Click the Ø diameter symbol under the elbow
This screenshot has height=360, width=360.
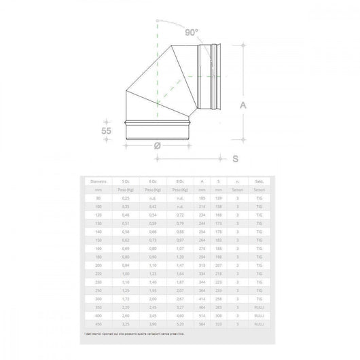[157, 145]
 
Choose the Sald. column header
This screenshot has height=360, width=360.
[259, 181]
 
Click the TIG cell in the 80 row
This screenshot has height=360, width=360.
[259, 197]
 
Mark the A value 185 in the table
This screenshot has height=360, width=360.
[202, 197]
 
